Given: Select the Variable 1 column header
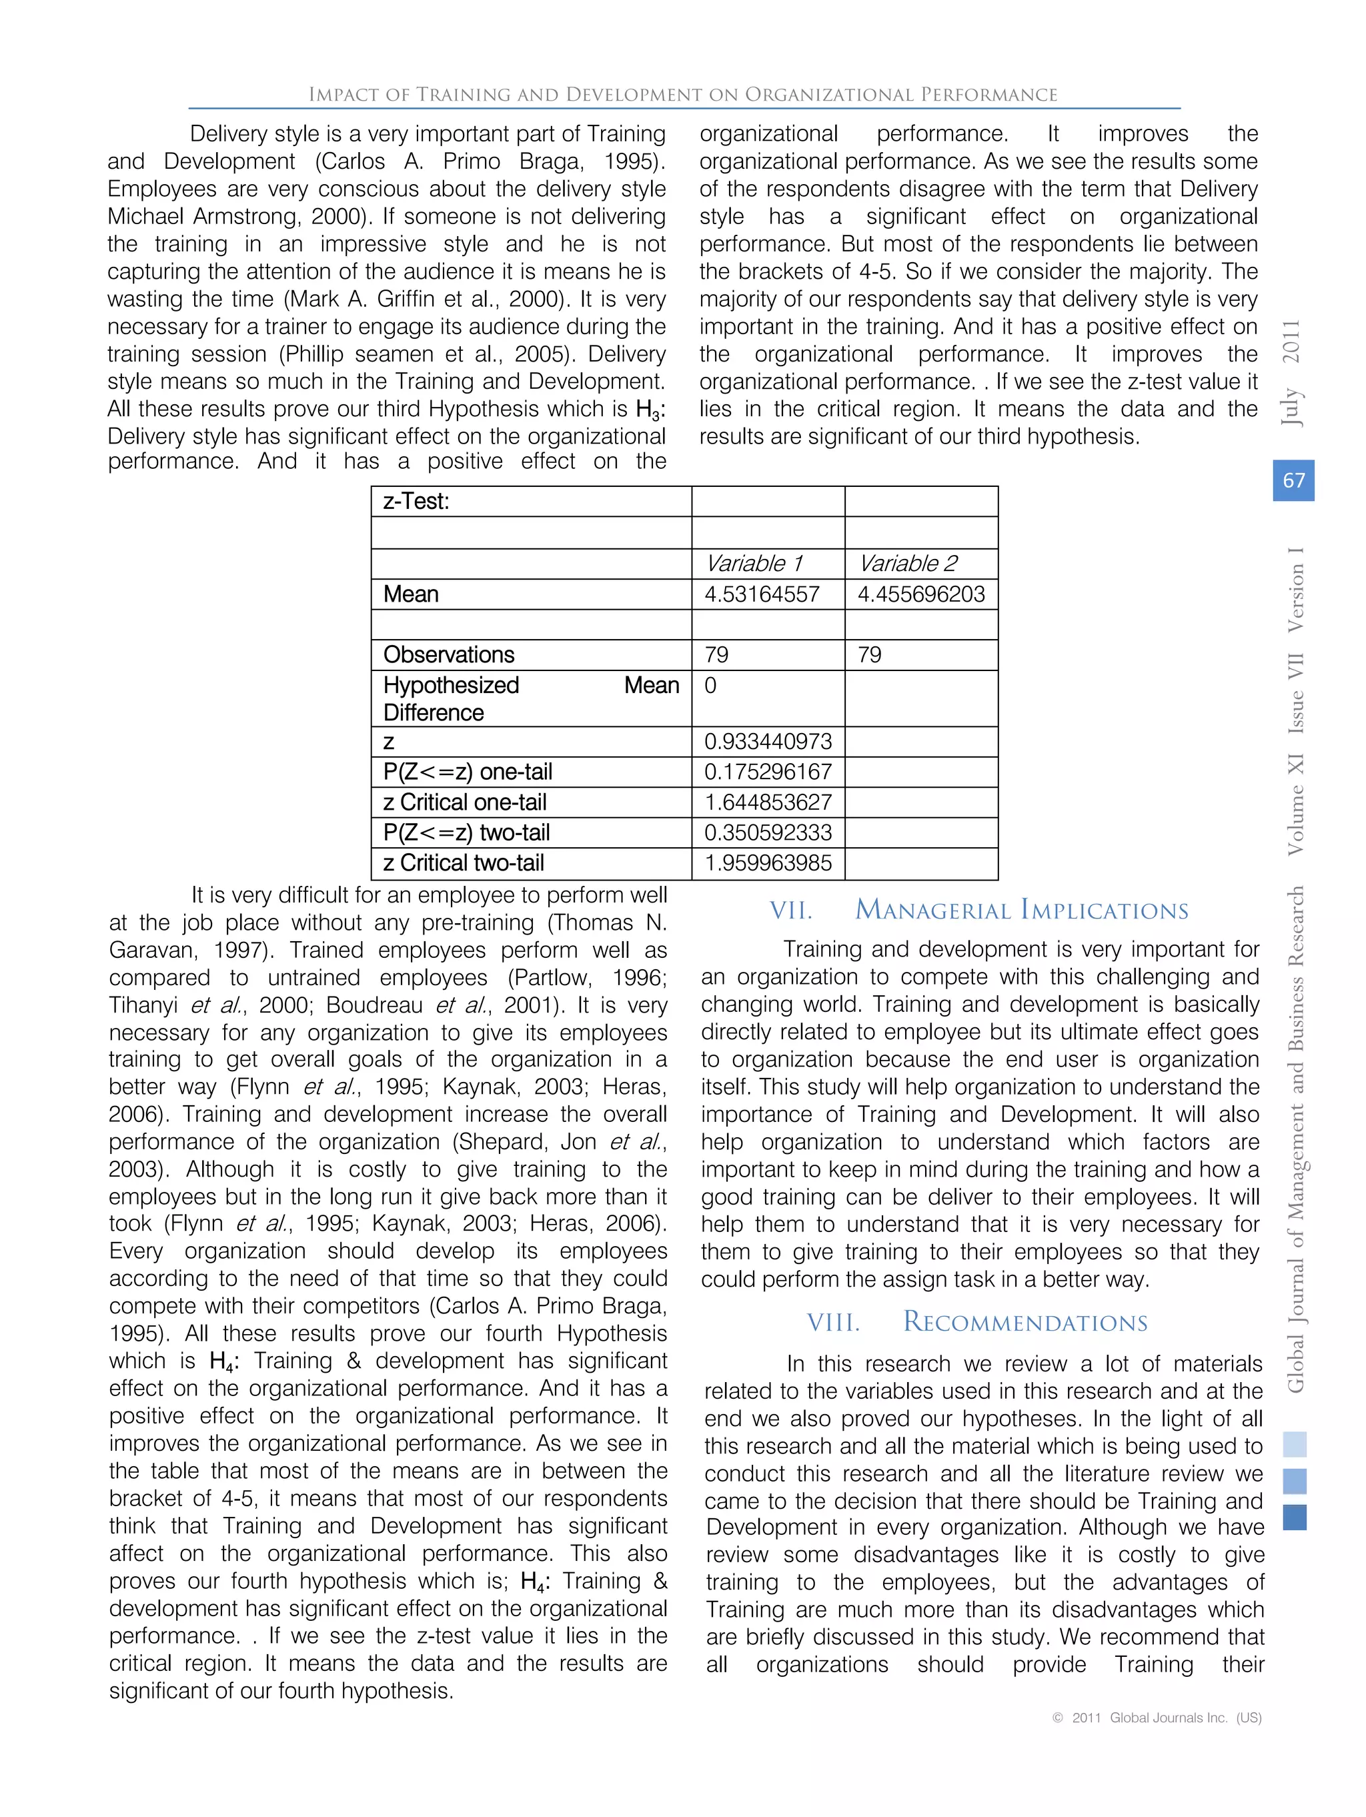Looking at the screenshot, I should pyautogui.click(x=753, y=564).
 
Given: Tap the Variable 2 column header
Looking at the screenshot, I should pyautogui.click(x=907, y=564).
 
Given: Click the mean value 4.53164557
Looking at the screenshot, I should pyautogui.click(x=762, y=594).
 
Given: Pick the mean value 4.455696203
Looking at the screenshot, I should pyautogui.click(x=920, y=594).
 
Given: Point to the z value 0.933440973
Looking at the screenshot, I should pyautogui.click(x=767, y=741).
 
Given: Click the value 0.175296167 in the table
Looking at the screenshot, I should pyautogui.click(x=767, y=771).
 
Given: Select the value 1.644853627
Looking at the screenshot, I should pyautogui.click(x=767, y=802).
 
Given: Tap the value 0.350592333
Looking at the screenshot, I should pyautogui.click(x=767, y=832).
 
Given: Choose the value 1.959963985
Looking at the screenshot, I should pyautogui.click(x=767, y=862).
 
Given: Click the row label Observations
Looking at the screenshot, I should pyautogui.click(x=448, y=654).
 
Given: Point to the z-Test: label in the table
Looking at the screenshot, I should pyautogui.click(x=416, y=501).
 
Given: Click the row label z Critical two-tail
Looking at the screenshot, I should pyautogui.click(x=464, y=862).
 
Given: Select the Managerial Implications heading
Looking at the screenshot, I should pyautogui.click(x=1021, y=910).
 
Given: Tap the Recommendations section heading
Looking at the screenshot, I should pyautogui.click(x=1024, y=1321).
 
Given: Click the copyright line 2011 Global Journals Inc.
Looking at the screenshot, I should pyautogui.click(x=1157, y=1717).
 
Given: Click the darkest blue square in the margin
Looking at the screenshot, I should pyautogui.click(x=1294, y=1516).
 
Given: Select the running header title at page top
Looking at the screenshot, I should pyautogui.click(x=682, y=95).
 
